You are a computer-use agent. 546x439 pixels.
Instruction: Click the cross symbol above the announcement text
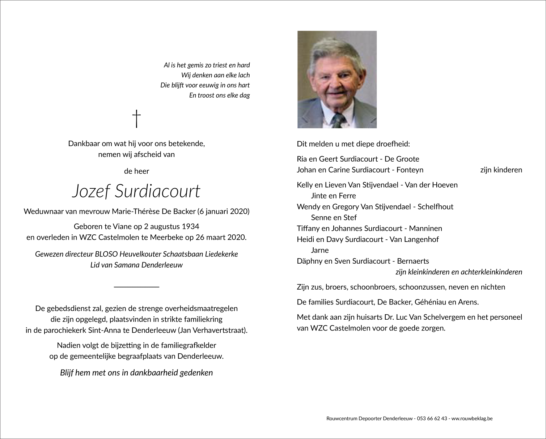tap(136, 119)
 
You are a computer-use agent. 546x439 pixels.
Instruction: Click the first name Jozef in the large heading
tap(90, 191)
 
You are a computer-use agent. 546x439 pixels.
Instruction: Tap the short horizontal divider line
tap(136, 287)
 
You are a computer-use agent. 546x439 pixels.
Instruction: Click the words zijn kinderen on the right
tap(501, 170)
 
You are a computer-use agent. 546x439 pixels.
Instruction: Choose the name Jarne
tap(320, 250)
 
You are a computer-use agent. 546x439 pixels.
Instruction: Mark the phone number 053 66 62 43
tap(432, 419)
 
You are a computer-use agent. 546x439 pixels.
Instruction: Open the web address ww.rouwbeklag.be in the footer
tap(472, 419)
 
